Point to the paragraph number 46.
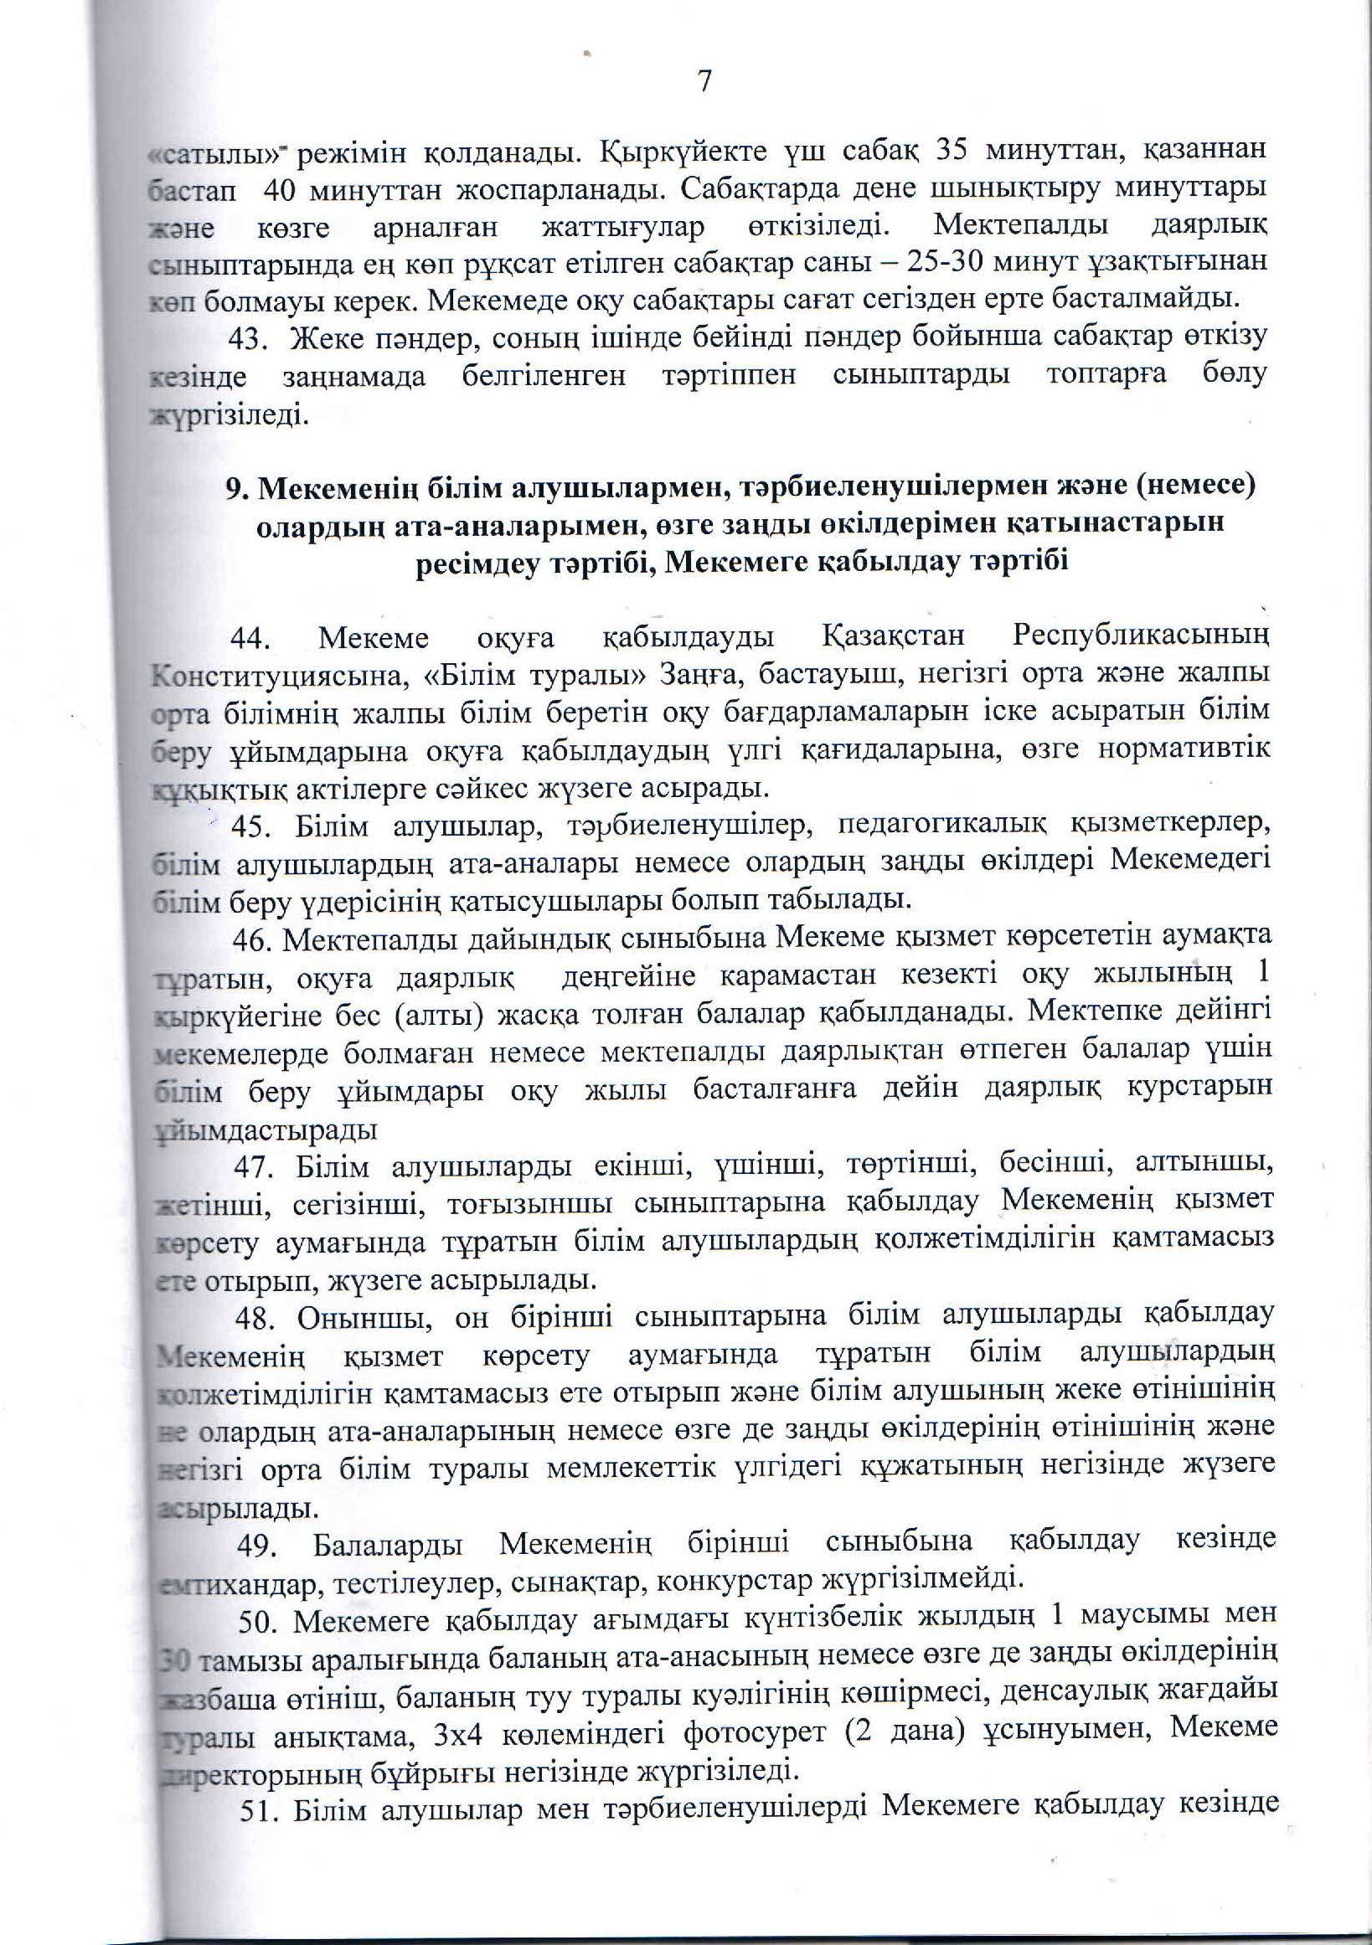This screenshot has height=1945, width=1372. tap(250, 939)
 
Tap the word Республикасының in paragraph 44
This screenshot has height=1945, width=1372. tap(1143, 636)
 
